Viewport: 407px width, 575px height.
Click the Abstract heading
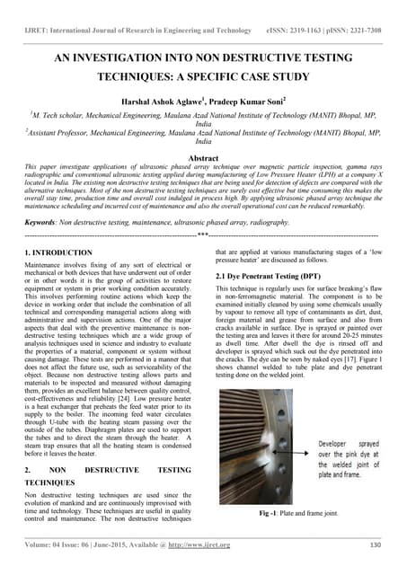point(203,156)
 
